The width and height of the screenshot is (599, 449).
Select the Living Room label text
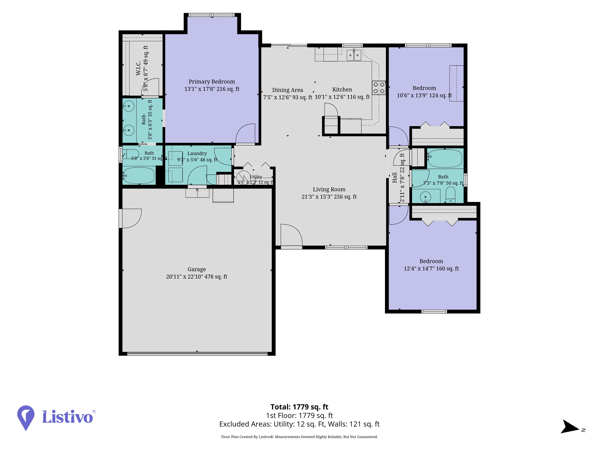[x=329, y=189]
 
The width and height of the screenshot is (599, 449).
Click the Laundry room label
[x=197, y=153]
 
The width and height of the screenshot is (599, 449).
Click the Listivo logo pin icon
[x=26, y=418]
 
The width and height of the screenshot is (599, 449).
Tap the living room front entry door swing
[x=291, y=235]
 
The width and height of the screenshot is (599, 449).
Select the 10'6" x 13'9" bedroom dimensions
[x=424, y=95]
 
